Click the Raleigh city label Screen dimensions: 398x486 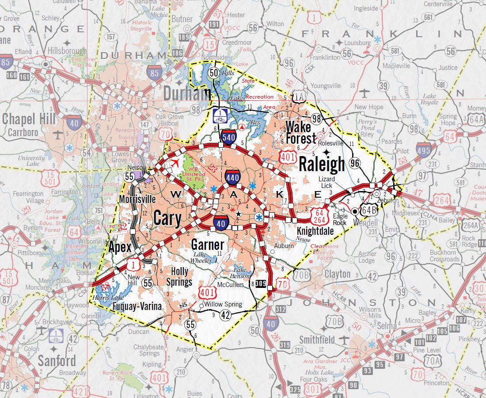322,165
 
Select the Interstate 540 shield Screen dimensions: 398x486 229,137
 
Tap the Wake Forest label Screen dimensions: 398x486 301,132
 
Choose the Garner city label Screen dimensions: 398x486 208,245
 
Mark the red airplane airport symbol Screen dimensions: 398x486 175,163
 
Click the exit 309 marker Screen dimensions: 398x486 261,285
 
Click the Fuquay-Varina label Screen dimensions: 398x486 137,306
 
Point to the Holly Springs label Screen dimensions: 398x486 179,276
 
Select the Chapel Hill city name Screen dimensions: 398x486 29,119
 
